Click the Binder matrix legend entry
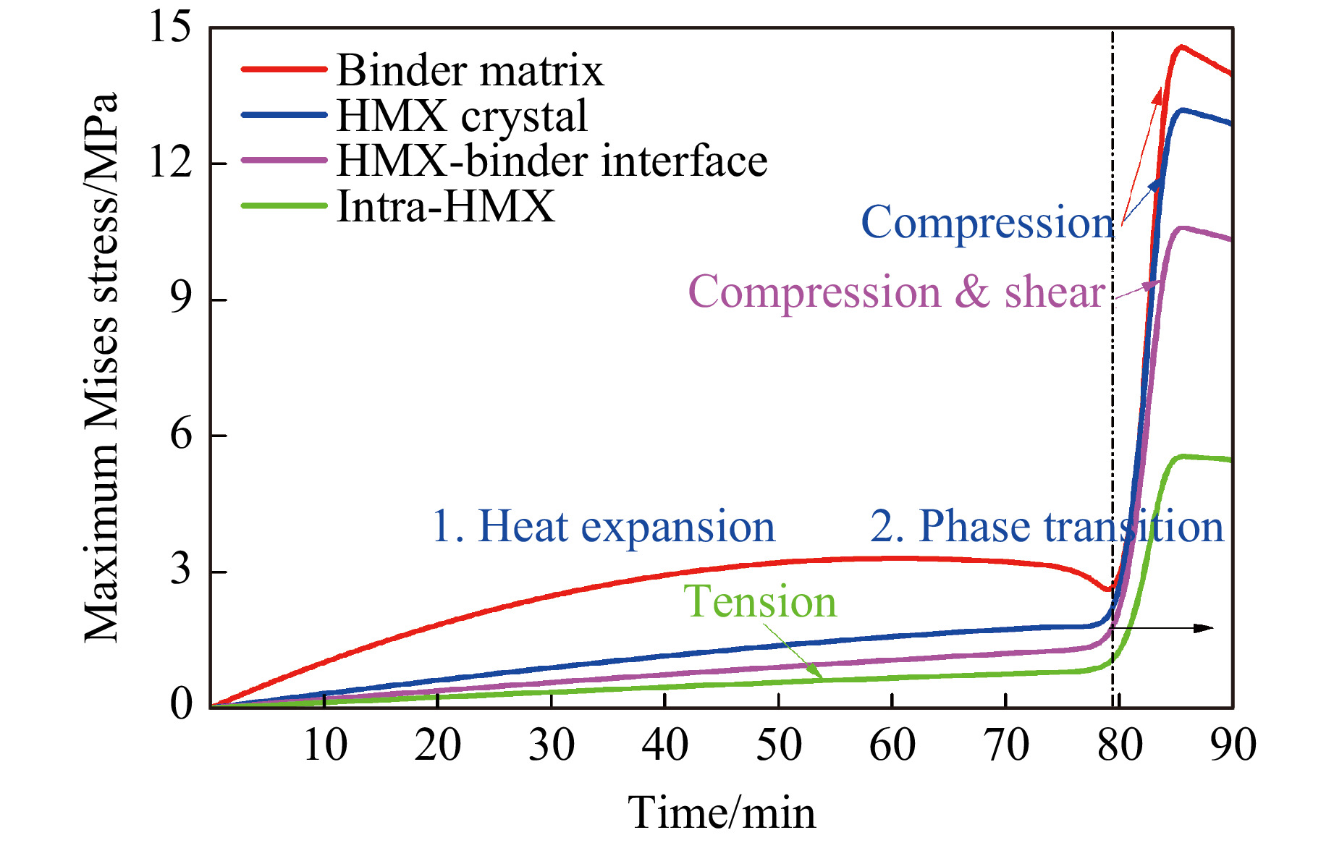tap(469, 70)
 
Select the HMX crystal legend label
tap(462, 116)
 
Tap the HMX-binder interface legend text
tap(552, 161)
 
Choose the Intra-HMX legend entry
tap(445, 206)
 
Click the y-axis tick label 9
tap(181, 299)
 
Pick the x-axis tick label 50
tap(778, 745)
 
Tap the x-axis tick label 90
tap(1233, 745)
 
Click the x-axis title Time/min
tap(722, 813)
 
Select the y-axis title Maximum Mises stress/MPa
tap(101, 367)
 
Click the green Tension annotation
tap(759, 601)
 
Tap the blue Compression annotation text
tap(987, 222)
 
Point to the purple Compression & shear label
tap(897, 292)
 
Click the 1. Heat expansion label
tap(603, 526)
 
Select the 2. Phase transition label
tap(1047, 526)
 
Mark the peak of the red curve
tap(1181, 46)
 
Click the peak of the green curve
tap(1183, 456)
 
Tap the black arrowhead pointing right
tap(1204, 628)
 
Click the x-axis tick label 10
tap(324, 745)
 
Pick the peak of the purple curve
tap(1181, 228)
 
